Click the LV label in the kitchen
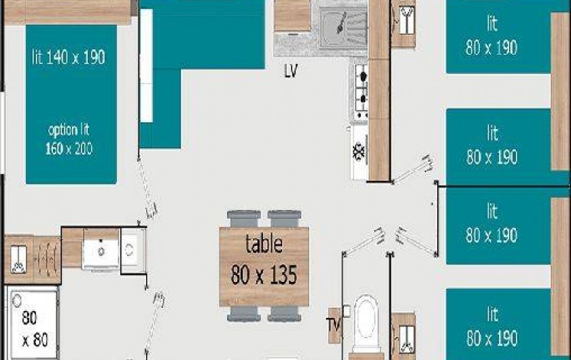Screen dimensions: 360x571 click(x=291, y=71)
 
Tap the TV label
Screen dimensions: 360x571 click(x=334, y=321)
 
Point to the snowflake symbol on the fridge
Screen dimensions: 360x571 click(x=358, y=151)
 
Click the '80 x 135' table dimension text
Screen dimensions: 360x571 click(x=264, y=275)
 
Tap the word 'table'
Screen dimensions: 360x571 click(x=264, y=243)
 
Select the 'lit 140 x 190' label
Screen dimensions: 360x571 click(x=69, y=58)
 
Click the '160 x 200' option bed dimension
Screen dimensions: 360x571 click(x=69, y=149)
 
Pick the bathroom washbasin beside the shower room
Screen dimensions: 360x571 click(x=101, y=249)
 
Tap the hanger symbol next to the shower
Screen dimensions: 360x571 click(x=18, y=257)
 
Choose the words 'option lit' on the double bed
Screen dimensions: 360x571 click(x=69, y=129)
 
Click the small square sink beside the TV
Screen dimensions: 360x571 click(x=347, y=311)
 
